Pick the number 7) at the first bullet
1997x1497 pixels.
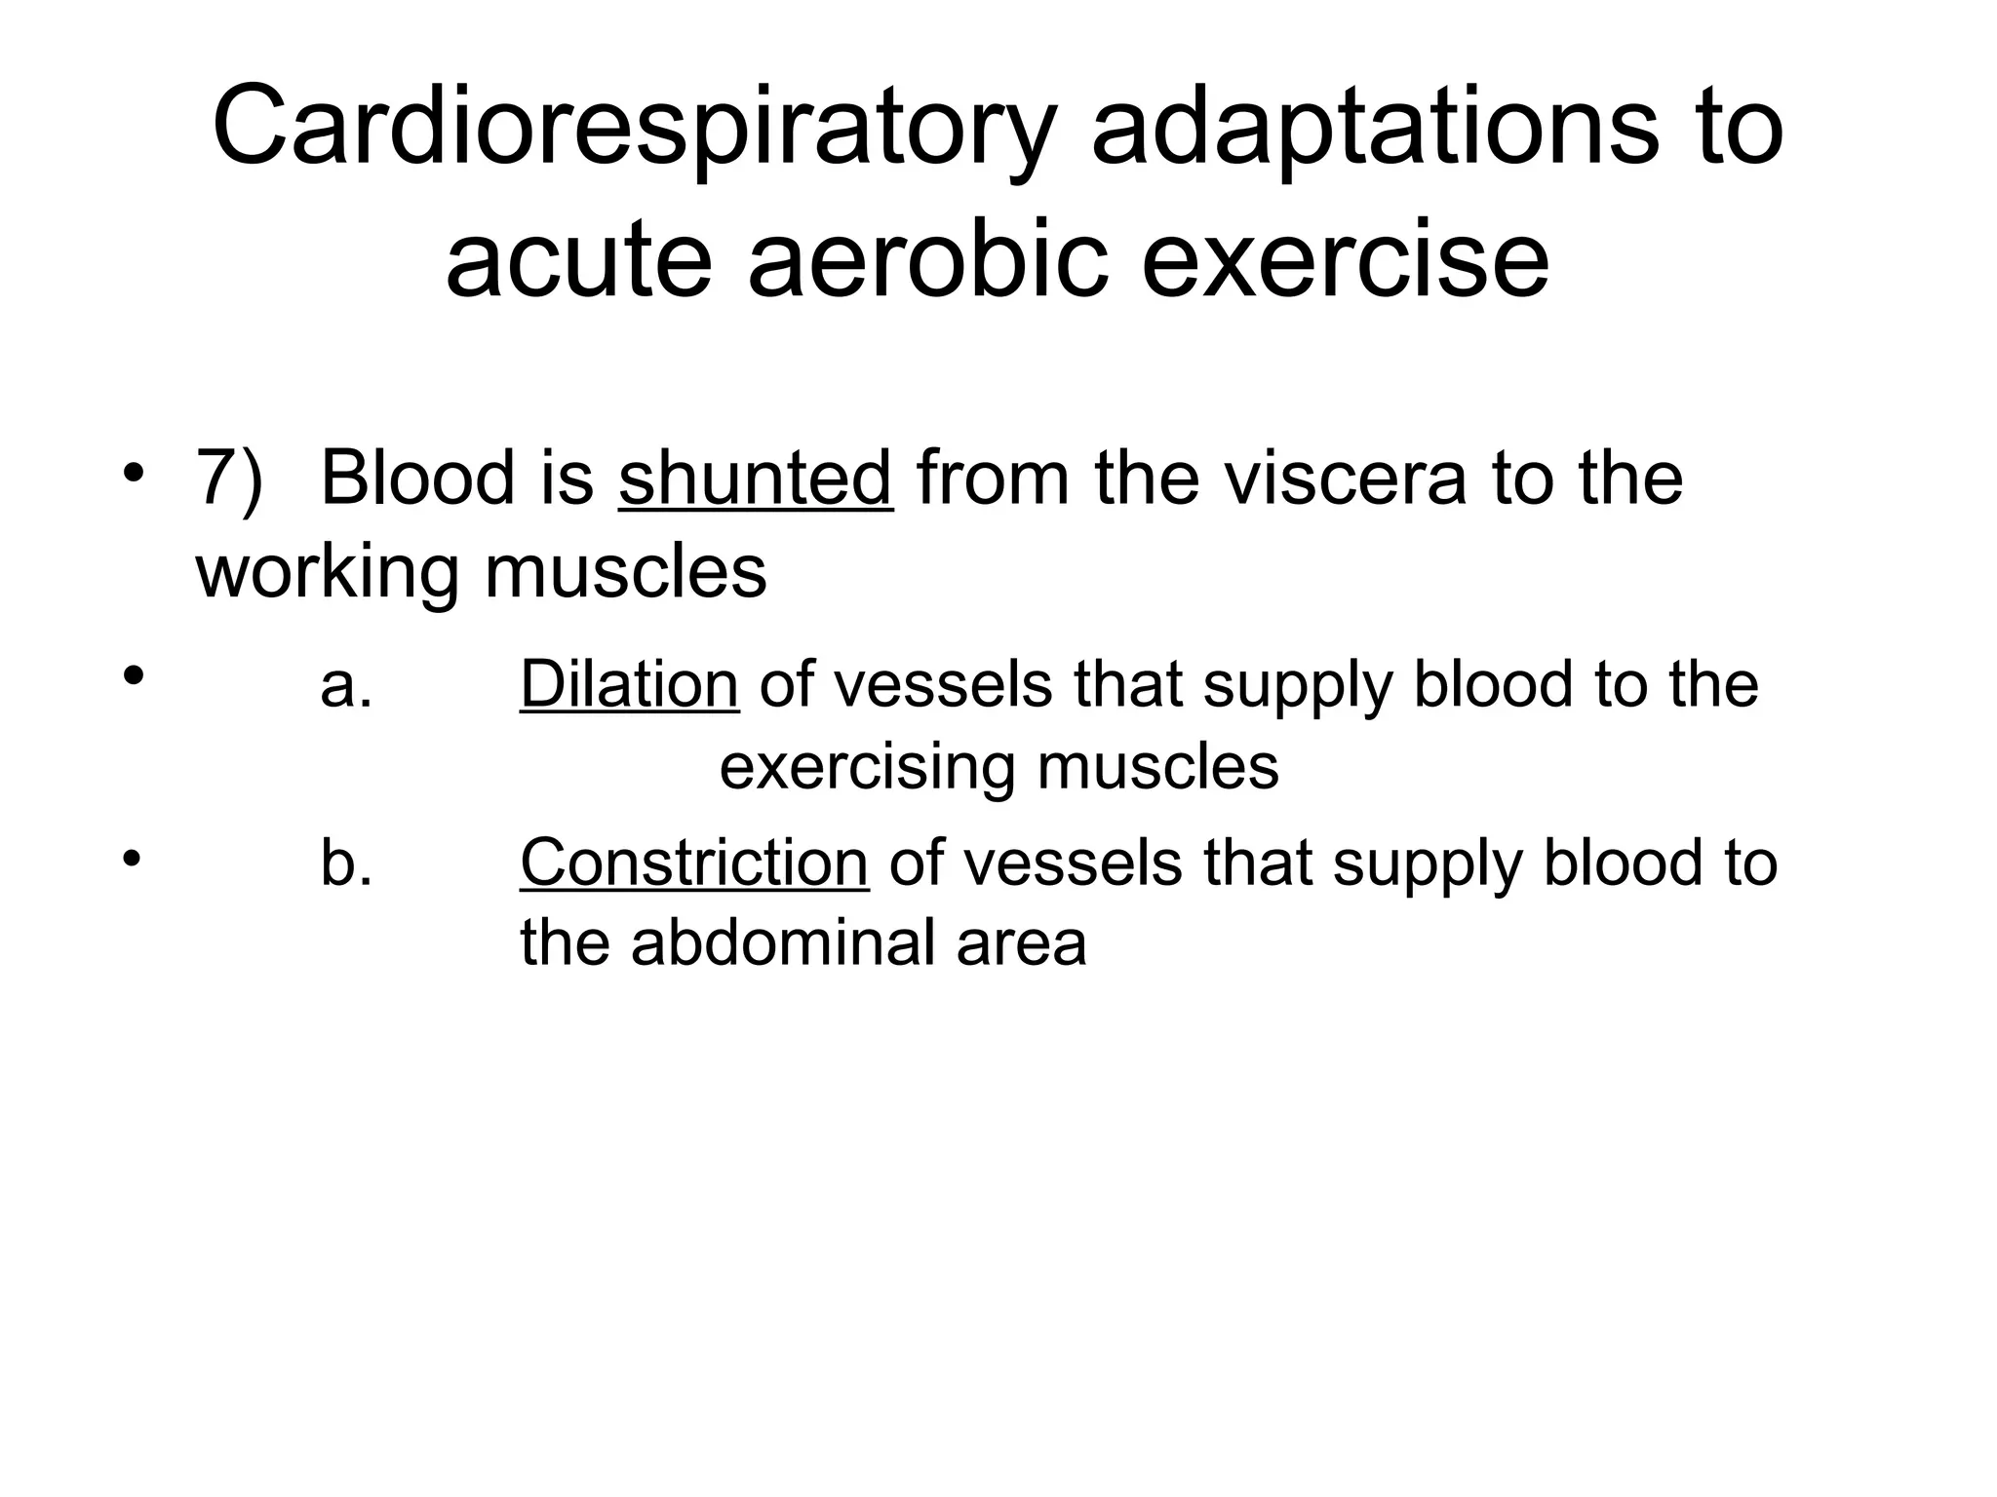230,479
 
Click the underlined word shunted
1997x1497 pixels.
756,479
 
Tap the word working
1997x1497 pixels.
327,572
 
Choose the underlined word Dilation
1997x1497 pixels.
629,684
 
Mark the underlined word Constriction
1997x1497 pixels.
693,863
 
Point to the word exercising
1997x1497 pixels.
866,768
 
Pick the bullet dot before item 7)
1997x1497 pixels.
134,477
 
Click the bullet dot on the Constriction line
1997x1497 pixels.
133,859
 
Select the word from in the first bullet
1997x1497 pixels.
994,479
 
